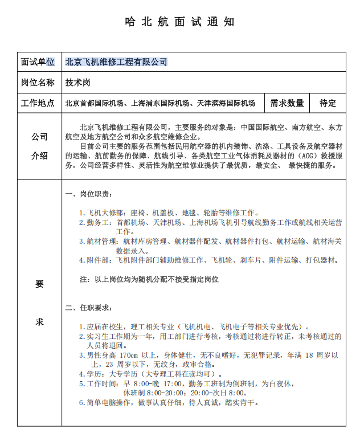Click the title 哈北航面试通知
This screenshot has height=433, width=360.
pos(179,22)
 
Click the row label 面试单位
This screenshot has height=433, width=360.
pos(38,62)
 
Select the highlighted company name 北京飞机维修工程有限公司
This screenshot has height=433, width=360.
pos(116,62)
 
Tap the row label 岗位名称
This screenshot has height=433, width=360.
pos(38,83)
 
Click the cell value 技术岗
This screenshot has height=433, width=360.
pos(77,83)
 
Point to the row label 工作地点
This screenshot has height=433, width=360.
pos(38,103)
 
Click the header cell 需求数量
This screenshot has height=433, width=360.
pos(287,103)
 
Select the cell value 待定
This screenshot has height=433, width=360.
pos(328,103)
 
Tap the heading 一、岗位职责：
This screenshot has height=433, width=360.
pos(89,195)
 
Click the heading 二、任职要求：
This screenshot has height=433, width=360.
pos(89,308)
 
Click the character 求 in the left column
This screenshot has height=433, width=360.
pos(39,322)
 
